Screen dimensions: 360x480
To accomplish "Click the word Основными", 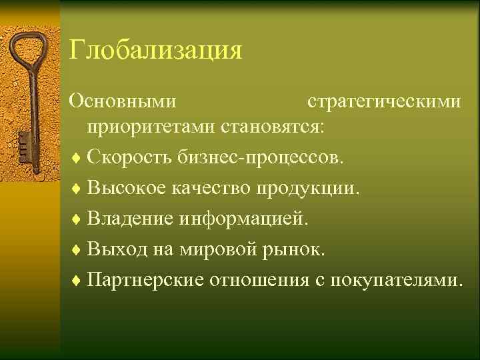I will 124,101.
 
